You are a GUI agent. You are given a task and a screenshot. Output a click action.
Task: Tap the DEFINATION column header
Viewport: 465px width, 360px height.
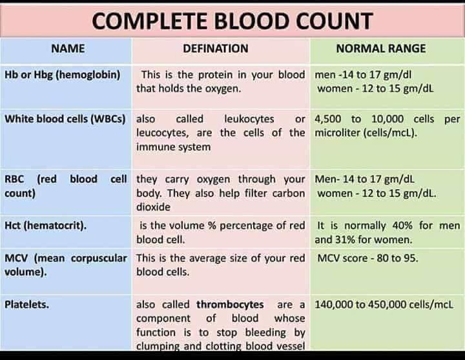215,48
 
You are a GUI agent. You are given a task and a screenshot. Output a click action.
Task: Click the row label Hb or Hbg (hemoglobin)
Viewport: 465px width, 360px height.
63,74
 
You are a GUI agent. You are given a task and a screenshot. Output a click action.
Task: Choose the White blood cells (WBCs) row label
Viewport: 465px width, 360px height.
65,119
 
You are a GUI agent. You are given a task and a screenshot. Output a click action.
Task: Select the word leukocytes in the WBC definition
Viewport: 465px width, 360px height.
249,119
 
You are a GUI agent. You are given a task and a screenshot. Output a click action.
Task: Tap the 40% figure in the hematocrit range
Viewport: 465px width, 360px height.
408,226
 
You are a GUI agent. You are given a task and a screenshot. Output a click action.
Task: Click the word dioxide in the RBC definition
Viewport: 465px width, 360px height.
153,208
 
